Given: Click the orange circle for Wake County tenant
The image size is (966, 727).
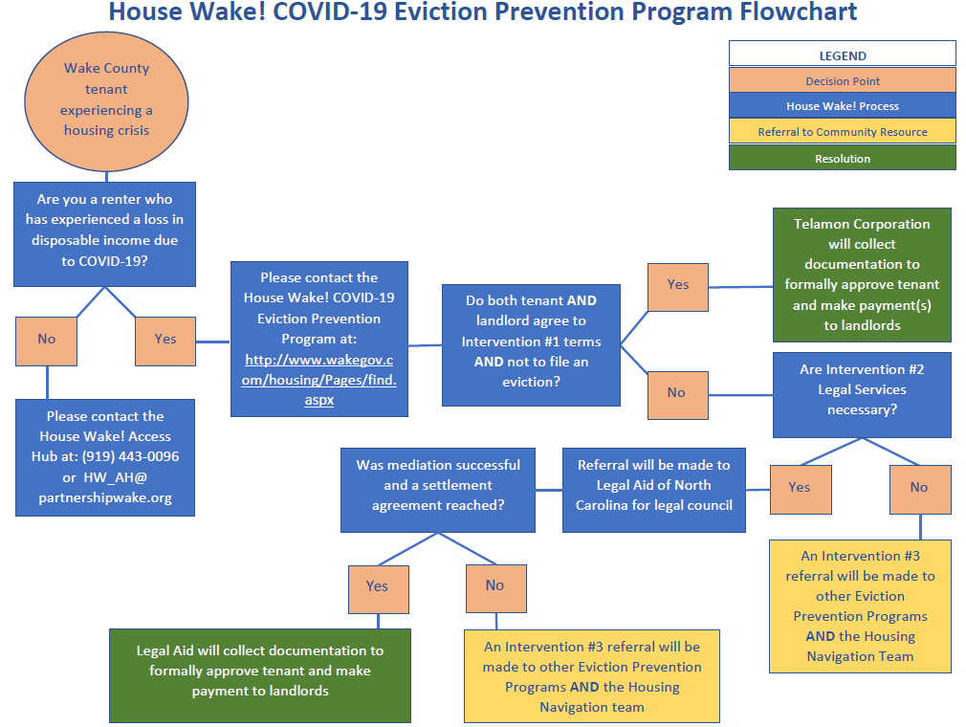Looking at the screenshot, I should [x=106, y=99].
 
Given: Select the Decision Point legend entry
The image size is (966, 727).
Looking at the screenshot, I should [x=842, y=80].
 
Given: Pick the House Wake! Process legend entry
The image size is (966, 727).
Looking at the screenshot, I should [x=842, y=105].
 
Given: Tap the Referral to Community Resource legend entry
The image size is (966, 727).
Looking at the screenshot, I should [x=842, y=131].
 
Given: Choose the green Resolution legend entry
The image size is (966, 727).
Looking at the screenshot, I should [x=842, y=158].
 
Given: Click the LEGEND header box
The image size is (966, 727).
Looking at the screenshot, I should [x=842, y=55].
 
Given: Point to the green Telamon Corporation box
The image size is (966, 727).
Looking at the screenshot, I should [x=863, y=275].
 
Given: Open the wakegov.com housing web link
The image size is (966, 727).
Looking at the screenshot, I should [x=319, y=380].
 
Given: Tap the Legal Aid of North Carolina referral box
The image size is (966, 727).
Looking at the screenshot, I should [x=653, y=485].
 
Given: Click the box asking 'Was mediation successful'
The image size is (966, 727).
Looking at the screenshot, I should [x=438, y=485].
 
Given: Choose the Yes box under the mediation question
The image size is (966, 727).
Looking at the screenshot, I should [x=378, y=585].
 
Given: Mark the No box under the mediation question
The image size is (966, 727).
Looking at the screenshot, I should [x=494, y=585].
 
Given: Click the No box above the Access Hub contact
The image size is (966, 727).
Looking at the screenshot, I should [x=47, y=339].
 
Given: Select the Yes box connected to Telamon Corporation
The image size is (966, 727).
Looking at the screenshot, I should [x=678, y=284].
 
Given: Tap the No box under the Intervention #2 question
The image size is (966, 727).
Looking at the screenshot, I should [x=919, y=487].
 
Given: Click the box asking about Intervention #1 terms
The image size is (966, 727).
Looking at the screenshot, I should [x=531, y=341].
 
